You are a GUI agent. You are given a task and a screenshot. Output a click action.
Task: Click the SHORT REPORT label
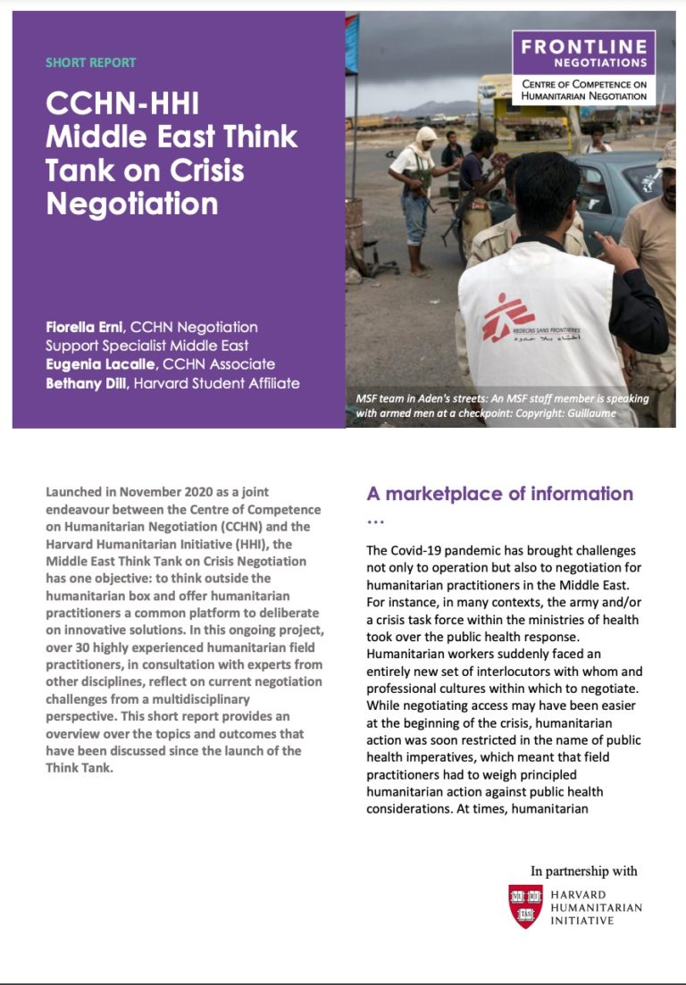coord(90,63)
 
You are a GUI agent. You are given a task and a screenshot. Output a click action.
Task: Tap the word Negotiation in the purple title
coord(131,203)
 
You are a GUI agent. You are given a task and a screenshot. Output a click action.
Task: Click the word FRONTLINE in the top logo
coord(584,47)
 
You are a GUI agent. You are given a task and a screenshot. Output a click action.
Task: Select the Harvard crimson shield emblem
coord(525,906)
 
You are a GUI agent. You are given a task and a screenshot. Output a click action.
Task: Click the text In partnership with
coord(584,871)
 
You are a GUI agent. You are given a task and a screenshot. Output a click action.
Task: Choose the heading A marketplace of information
coord(499,494)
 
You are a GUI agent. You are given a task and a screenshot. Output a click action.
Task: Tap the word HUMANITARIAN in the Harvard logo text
coord(596,907)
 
